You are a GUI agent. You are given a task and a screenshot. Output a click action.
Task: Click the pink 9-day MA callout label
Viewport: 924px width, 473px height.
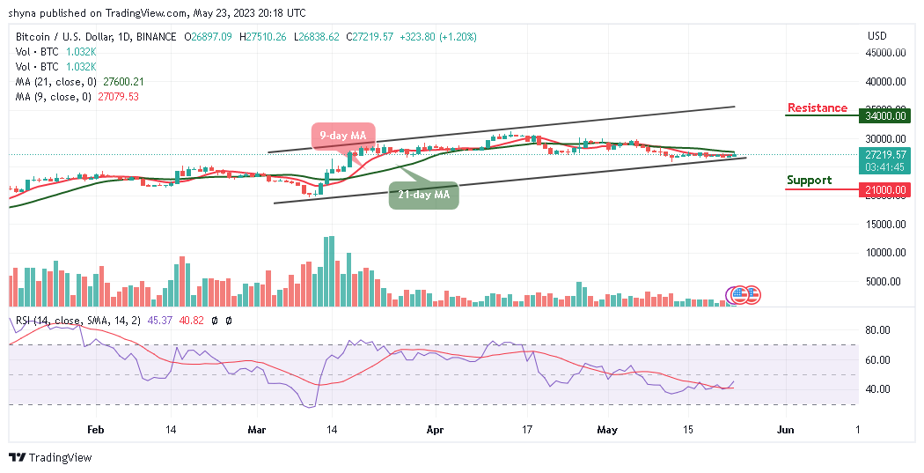pyautogui.click(x=343, y=135)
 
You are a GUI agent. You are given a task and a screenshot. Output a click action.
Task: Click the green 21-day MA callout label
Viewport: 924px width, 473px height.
pyautogui.click(x=425, y=194)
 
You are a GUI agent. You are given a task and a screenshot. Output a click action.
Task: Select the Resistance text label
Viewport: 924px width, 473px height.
pyautogui.click(x=817, y=108)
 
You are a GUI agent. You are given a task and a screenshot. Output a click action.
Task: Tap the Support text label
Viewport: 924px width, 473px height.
pyautogui.click(x=809, y=181)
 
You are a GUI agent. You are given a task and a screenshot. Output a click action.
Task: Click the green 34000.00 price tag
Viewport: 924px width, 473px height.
pyautogui.click(x=884, y=115)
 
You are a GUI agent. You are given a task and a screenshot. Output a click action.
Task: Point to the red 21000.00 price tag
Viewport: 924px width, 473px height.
pyautogui.click(x=884, y=189)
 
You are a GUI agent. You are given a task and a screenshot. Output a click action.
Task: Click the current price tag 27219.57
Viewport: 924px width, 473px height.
pyautogui.click(x=884, y=153)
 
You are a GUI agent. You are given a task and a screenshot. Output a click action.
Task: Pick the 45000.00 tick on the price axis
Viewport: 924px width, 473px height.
pyautogui.click(x=884, y=53)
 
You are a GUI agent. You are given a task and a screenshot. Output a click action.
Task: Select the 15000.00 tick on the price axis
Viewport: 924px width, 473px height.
pyautogui.click(x=884, y=224)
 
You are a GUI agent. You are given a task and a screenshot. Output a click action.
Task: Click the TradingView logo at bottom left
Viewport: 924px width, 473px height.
pyautogui.click(x=50, y=458)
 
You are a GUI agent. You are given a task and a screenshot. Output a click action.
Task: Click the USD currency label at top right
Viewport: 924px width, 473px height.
pyautogui.click(x=876, y=36)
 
